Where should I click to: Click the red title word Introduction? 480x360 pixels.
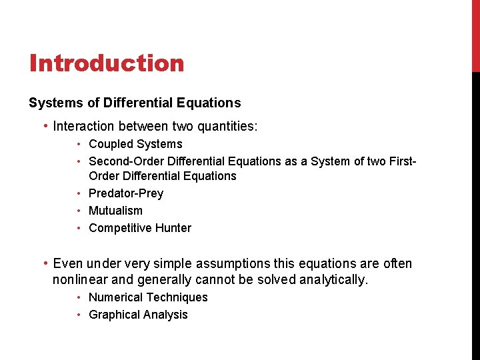click(x=107, y=63)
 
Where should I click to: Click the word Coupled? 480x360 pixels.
click(x=111, y=144)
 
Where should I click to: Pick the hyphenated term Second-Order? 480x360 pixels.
click(x=123, y=161)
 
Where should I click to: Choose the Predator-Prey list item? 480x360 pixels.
click(x=125, y=193)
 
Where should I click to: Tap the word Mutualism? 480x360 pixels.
click(x=115, y=211)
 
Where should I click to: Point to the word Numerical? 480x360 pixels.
click(x=115, y=297)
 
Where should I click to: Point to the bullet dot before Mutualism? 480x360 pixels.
click(x=79, y=211)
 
